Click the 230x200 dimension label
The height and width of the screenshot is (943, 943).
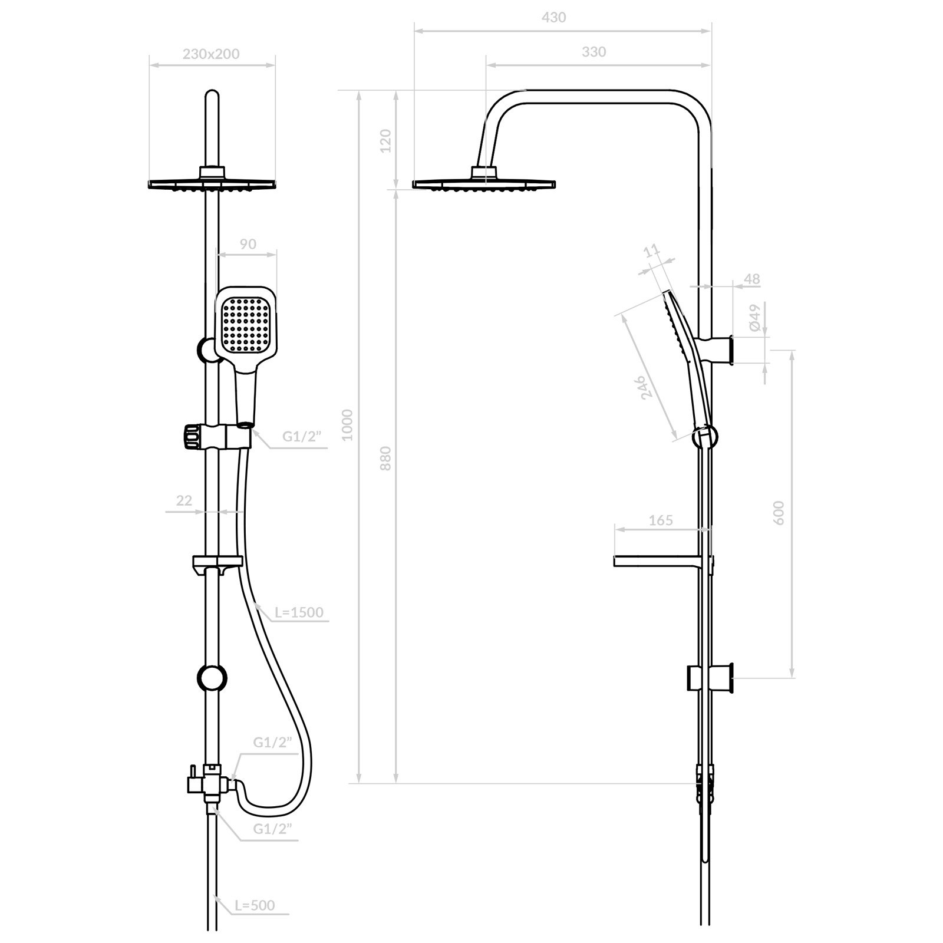tap(211, 54)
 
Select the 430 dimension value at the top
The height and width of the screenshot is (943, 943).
tap(553, 18)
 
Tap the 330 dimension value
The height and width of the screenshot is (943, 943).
tap(594, 52)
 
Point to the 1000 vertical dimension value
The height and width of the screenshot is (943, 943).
tap(347, 424)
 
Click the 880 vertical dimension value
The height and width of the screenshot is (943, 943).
tap(385, 458)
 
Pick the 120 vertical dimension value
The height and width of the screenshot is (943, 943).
tap(385, 141)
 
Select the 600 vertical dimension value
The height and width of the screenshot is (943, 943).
tap(779, 512)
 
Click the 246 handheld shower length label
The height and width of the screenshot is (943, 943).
tap(647, 387)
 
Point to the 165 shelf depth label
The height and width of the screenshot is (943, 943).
tap(660, 520)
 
